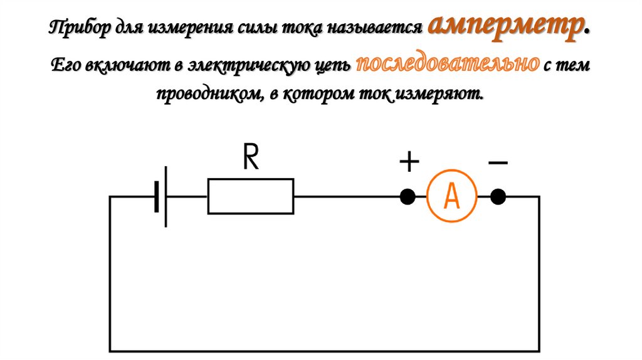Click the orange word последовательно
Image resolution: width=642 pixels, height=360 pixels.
(x=447, y=65)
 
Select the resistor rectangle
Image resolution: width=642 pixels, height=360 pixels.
(x=250, y=196)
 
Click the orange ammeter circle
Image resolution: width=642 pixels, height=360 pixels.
(x=452, y=196)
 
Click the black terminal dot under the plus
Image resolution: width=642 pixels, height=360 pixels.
(x=408, y=196)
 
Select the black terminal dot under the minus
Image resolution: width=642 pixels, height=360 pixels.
(x=498, y=196)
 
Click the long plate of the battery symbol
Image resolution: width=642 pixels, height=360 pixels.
(x=166, y=196)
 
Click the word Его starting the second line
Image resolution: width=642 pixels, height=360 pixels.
(x=63, y=65)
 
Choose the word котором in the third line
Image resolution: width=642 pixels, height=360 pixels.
(x=321, y=95)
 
